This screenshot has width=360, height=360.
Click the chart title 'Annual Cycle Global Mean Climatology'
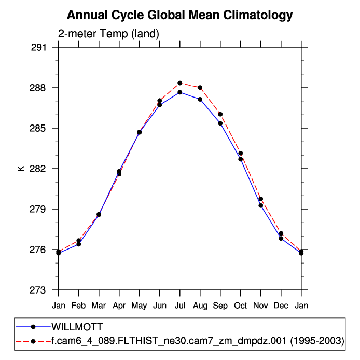[179, 15]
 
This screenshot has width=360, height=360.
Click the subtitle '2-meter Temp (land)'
[108, 34]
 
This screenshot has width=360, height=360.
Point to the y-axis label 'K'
[21, 169]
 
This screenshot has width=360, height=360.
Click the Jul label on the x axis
[180, 305]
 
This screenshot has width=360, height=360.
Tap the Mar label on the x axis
[99, 305]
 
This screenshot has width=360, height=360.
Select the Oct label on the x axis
[241, 305]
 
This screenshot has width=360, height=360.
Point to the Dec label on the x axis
[281, 305]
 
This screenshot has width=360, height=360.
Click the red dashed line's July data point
[180, 83]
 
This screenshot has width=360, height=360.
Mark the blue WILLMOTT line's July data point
[180, 92]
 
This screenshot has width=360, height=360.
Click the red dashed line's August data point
[200, 88]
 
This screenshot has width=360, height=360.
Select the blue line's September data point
[220, 123]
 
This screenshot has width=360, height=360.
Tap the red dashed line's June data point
[160, 101]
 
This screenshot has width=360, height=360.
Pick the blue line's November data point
[261, 205]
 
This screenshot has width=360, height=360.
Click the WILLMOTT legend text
[77, 327]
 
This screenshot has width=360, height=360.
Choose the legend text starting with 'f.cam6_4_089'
[198, 341]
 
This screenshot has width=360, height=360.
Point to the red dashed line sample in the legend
[33, 341]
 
